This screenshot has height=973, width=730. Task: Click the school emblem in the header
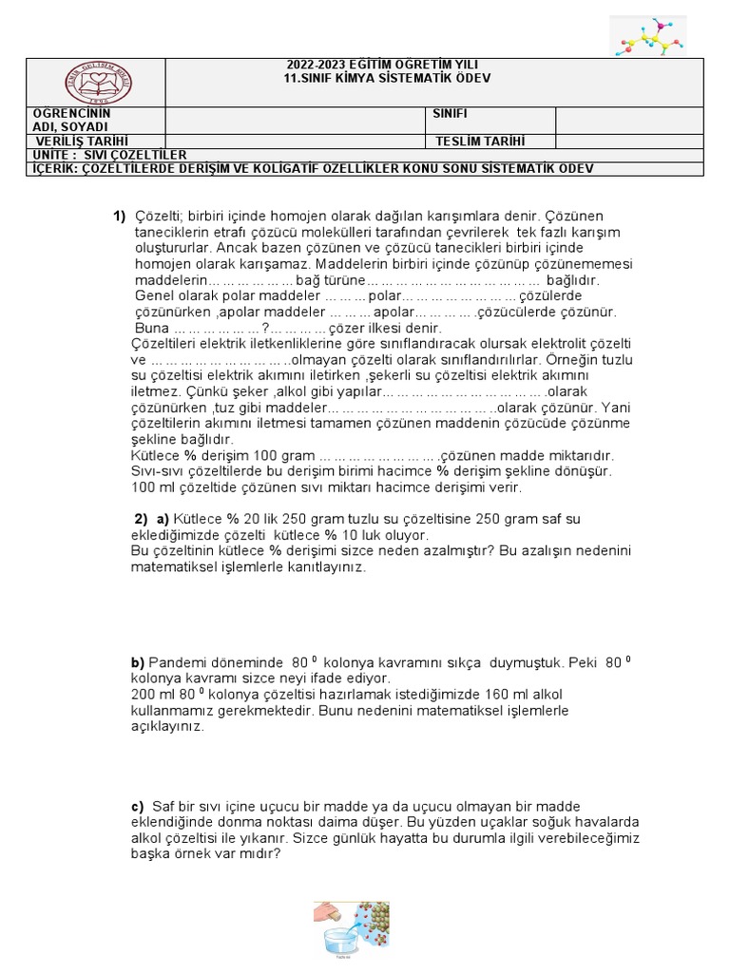coord(97,82)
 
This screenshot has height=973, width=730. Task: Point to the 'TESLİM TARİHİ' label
coord(480,142)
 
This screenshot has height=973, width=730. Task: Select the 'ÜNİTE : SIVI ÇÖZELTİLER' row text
coord(110,155)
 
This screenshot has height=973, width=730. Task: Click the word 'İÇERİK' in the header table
coord(56,169)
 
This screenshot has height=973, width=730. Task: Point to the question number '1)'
coord(120,216)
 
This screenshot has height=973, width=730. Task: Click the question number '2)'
coord(141,518)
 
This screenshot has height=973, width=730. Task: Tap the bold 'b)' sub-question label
coord(137,661)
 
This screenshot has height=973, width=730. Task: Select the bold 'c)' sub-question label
coord(137,806)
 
